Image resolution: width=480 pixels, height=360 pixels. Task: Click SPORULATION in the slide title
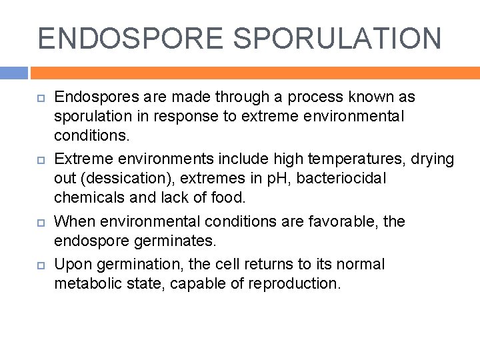(x=339, y=39)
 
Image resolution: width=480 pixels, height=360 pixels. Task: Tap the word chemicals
(x=87, y=198)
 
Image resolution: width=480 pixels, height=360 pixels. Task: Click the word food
(x=230, y=198)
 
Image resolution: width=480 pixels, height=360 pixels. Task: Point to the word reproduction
(x=294, y=283)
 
